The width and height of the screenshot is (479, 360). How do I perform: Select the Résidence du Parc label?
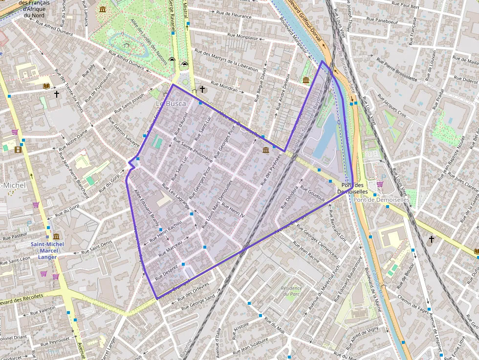(292, 291)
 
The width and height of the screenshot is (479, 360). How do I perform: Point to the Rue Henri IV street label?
(233, 210)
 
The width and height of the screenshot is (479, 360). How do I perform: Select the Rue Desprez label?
(166, 272)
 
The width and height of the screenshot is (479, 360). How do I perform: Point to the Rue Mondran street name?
(223, 86)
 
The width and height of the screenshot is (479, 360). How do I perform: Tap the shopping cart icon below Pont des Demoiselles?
(380, 184)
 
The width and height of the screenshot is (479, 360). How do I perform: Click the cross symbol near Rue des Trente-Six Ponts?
(57, 93)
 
